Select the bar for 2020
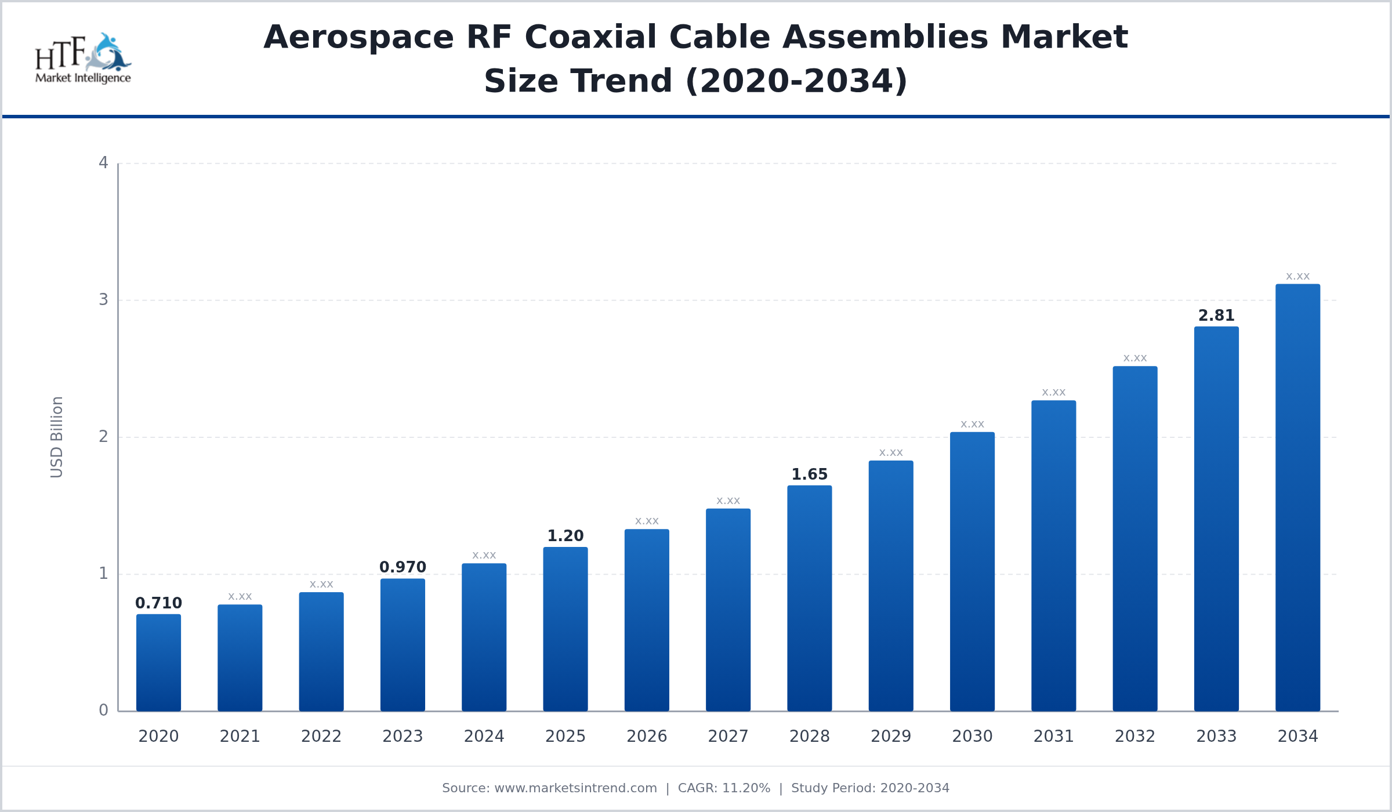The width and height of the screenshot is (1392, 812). pyautogui.click(x=158, y=662)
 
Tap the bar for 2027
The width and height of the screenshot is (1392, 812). pyautogui.click(x=728, y=610)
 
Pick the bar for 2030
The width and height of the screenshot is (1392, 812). pyautogui.click(x=972, y=571)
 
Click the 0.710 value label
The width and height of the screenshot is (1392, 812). pyautogui.click(x=158, y=603)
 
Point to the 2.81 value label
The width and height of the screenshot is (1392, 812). pyautogui.click(x=1216, y=316)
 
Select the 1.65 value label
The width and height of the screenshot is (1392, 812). pyautogui.click(x=809, y=474)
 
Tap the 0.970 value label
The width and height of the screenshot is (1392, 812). pyautogui.click(x=403, y=567)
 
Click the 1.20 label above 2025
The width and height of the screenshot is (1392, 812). pyautogui.click(x=565, y=536)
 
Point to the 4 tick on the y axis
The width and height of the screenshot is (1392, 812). pyautogui.click(x=103, y=163)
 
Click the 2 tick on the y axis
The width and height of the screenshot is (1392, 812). pyautogui.click(x=103, y=437)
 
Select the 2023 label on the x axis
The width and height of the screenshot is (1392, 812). pyautogui.click(x=403, y=737)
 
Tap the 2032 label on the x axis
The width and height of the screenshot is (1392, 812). pyautogui.click(x=1135, y=737)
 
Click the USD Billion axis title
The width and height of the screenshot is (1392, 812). pyautogui.click(x=56, y=437)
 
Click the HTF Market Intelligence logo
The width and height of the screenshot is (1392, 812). pyautogui.click(x=83, y=59)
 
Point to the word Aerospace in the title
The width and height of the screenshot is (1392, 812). pyautogui.click(x=358, y=37)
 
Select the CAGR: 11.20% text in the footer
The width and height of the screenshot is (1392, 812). pyautogui.click(x=724, y=788)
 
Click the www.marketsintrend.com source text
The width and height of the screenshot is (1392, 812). pyautogui.click(x=575, y=788)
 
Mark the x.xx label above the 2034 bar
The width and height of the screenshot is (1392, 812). pyautogui.click(x=1297, y=277)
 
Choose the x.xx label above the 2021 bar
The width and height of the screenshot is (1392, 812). pyautogui.click(x=240, y=597)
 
